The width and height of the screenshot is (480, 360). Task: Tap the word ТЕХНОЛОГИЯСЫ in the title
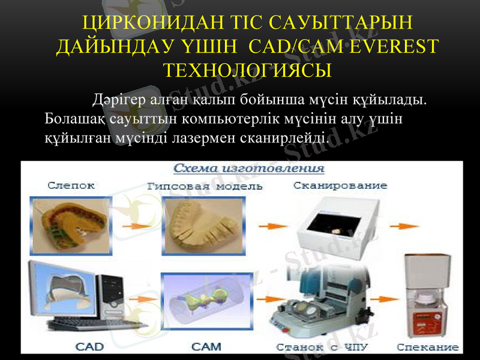[248, 70]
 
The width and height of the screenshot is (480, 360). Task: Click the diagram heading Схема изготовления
[249, 168]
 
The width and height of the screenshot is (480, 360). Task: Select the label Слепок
[71, 185]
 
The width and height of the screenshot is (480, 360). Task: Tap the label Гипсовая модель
[205, 186]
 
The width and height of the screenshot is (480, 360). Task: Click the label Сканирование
[340, 185]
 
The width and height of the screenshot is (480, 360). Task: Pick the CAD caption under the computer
[89, 346]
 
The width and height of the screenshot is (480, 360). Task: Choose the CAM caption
[206, 346]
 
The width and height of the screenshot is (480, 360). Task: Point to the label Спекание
[428, 347]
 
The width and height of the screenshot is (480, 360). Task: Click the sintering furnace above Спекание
[427, 297]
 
